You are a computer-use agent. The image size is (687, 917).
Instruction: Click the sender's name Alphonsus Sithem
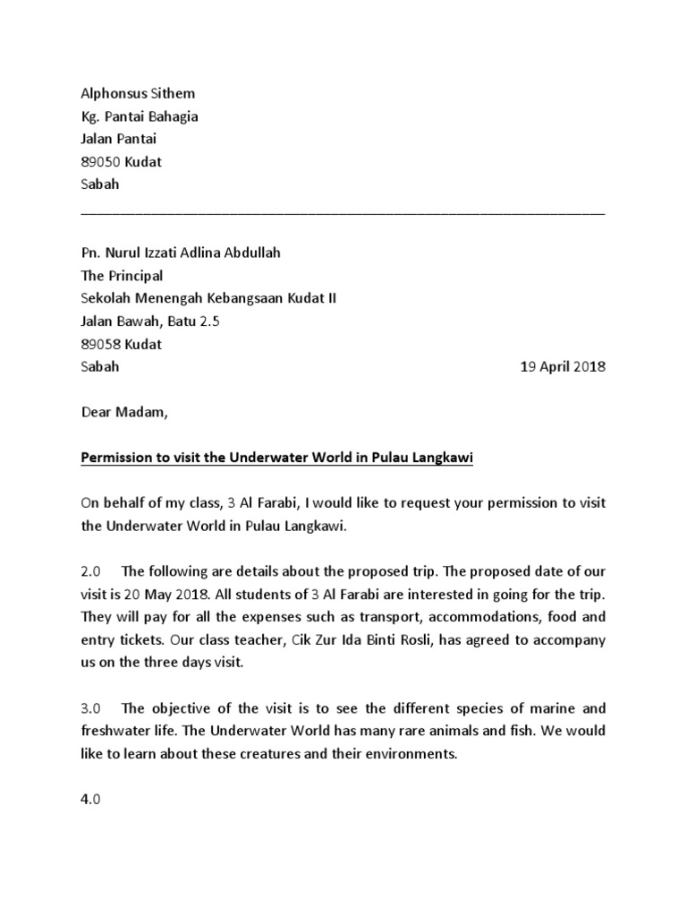(x=138, y=93)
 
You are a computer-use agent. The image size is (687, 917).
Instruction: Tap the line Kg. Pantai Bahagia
(x=140, y=116)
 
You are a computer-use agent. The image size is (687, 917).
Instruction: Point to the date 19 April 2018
(x=563, y=367)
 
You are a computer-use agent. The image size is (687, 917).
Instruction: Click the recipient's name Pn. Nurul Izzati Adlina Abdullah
(x=181, y=253)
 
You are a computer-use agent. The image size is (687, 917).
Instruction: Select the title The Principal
(x=122, y=276)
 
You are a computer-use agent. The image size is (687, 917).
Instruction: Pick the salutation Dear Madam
(x=123, y=414)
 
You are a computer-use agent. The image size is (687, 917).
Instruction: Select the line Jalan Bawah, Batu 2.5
(x=149, y=321)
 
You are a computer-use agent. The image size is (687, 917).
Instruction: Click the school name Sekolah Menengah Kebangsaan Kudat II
(x=209, y=298)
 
